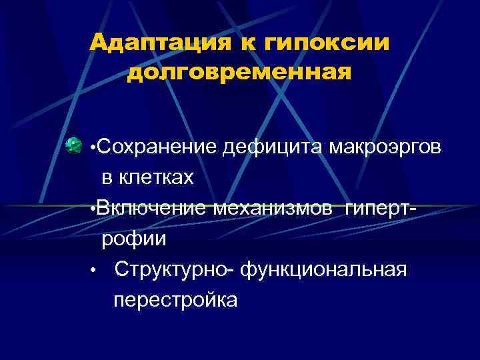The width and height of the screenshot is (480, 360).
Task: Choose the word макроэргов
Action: [x=385, y=149]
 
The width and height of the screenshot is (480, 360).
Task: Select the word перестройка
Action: [x=175, y=300]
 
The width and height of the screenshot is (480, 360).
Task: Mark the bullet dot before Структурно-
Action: [x=95, y=271]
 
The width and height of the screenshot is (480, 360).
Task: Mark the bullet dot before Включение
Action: [x=91, y=209]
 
